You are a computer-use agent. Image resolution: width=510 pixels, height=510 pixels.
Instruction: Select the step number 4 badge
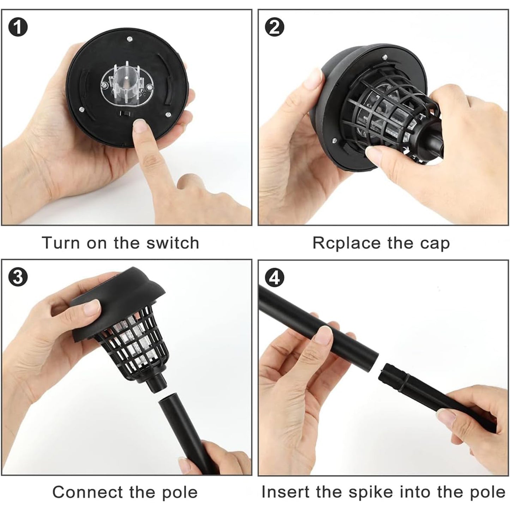coord(274,278)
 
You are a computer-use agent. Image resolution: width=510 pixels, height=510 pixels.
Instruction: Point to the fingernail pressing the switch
coord(141,125)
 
